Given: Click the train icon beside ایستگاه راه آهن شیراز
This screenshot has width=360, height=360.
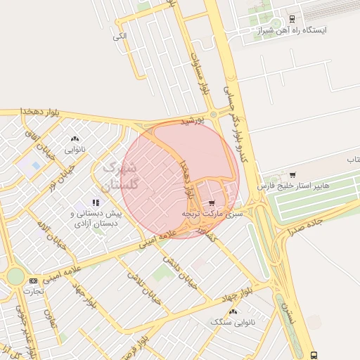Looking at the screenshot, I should click(292, 19).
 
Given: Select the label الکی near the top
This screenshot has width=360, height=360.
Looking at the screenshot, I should click(120, 36).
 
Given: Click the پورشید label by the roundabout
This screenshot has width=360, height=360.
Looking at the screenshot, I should click(192, 121).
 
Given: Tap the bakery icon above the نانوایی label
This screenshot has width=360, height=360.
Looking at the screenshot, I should click(75, 139).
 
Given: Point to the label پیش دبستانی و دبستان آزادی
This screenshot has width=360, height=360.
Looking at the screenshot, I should click(96, 218).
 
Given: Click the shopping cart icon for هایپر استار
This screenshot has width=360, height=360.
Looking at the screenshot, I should click(292, 174).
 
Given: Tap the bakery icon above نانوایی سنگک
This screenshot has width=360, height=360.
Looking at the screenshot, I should click(233, 310).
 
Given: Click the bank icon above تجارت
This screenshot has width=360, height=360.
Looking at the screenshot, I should click(33, 281).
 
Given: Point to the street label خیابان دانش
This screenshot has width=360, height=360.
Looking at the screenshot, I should click(179, 270).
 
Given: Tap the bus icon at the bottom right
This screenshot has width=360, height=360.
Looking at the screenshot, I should click(313, 355).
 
